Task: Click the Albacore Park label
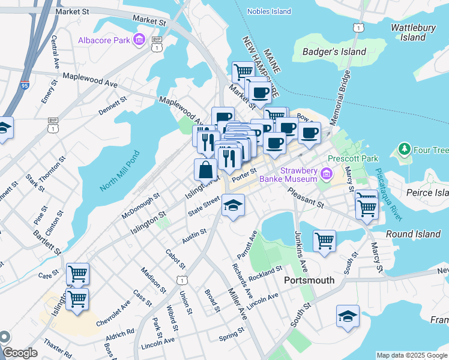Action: pos(104,41)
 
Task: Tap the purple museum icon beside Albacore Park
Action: pos(139,40)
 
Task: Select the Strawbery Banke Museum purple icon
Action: pos(327,174)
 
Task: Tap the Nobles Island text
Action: pos(270,11)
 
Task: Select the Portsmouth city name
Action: pos(309,280)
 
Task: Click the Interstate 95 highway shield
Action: pos(25,86)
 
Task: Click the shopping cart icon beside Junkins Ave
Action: pos(324,241)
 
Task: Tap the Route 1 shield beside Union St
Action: pos(181,280)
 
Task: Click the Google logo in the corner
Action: pos(20,353)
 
